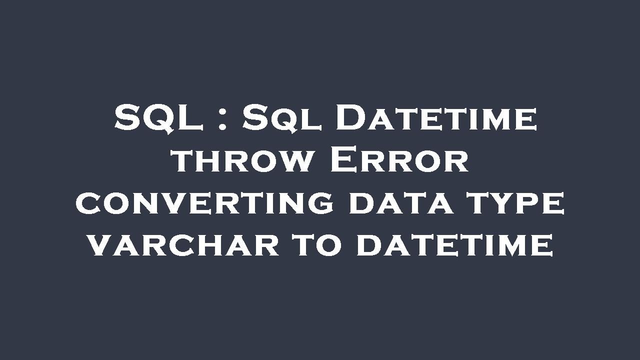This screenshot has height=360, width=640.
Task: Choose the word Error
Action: click(x=399, y=161)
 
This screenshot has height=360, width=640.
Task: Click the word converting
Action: click(x=204, y=203)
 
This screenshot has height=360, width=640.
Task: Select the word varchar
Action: click(x=182, y=245)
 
